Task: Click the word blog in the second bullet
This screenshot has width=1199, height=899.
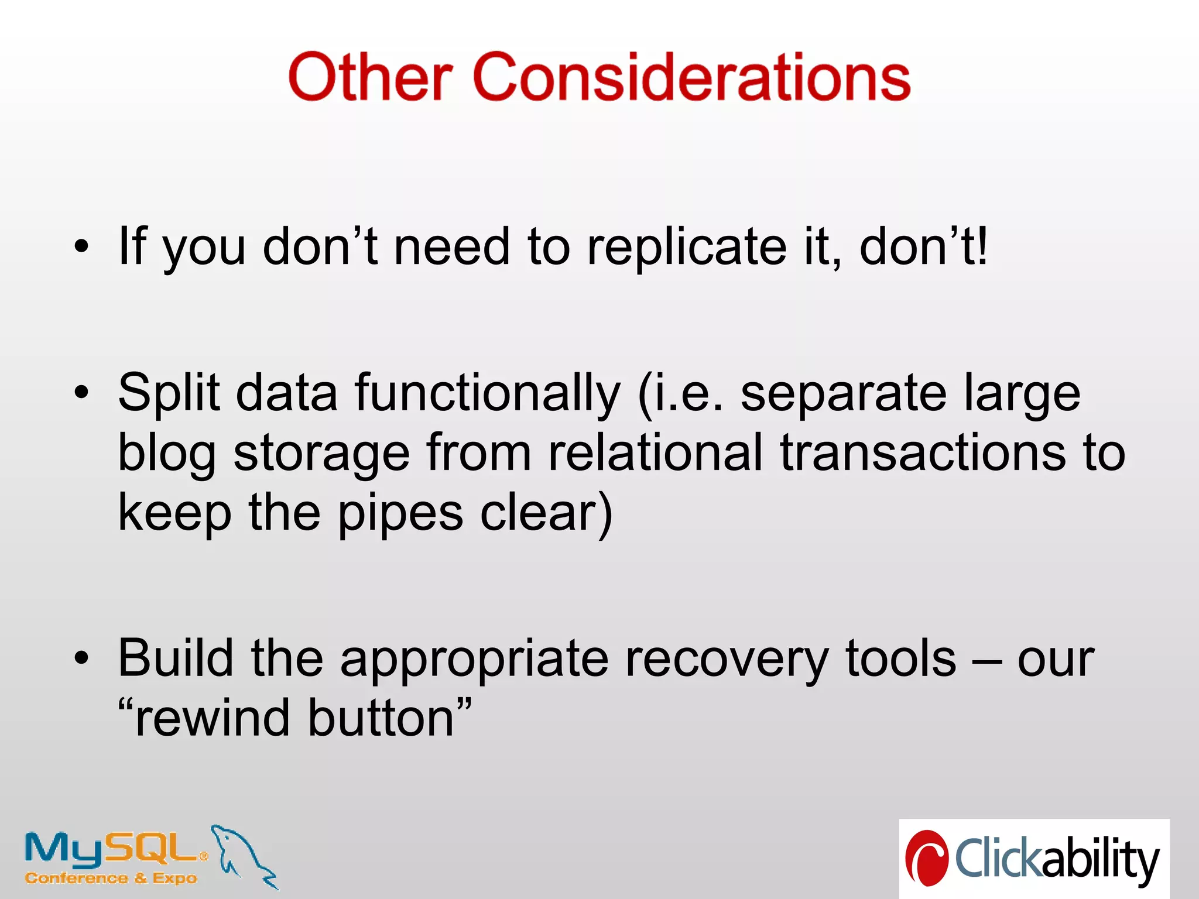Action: [167, 454]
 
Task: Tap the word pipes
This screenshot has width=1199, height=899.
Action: [400, 514]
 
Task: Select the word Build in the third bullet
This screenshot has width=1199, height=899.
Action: [176, 658]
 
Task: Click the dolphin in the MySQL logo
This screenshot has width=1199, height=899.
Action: [243, 855]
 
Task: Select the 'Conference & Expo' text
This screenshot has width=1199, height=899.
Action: [111, 878]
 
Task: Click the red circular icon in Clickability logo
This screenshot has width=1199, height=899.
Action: [927, 858]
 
